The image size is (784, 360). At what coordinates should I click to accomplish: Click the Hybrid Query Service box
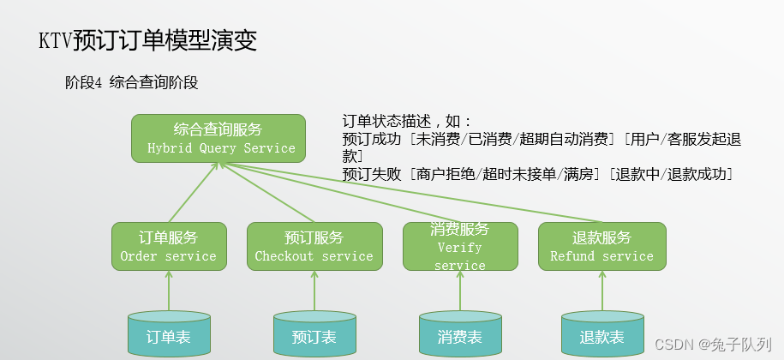[x=218, y=138]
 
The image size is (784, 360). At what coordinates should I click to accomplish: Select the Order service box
[x=169, y=247]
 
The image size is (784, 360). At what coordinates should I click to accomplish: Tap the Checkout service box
[x=314, y=247]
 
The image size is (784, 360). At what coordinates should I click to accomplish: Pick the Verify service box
[x=460, y=247]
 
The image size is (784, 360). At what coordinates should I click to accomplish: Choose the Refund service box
[x=601, y=247]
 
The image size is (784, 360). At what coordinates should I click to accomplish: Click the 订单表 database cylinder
[x=169, y=335]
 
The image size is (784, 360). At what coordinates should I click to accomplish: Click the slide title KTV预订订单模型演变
[x=147, y=40]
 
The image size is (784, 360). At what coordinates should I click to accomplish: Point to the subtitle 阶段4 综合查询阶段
[x=131, y=83]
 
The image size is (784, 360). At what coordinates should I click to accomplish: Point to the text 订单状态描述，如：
[x=407, y=122]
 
